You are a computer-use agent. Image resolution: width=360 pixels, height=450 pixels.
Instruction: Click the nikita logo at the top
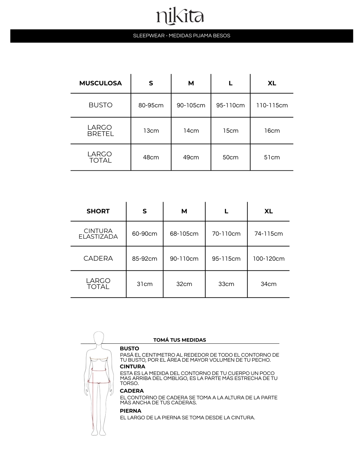(180, 17)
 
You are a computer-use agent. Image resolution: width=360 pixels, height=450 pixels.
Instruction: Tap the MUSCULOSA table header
(100, 83)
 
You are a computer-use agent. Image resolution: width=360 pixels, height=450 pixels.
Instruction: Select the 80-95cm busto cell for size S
(151, 105)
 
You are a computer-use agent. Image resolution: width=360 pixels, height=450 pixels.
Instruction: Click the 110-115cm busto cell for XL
(272, 105)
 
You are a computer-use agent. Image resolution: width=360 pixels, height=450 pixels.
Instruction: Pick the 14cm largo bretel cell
(191, 131)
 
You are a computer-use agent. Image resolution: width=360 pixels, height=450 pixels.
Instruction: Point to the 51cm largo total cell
(272, 157)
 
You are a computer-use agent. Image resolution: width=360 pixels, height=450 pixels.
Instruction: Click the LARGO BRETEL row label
(100, 131)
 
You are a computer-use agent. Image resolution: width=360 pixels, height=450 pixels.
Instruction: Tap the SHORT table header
(98, 211)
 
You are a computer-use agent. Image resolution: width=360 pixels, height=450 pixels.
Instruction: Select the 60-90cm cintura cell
(144, 234)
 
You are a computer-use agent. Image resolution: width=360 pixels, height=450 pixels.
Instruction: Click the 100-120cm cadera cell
(268, 259)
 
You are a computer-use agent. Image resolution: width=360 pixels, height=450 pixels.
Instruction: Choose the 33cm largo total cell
(226, 284)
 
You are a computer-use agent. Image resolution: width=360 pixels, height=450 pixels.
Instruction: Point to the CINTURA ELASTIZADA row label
(98, 234)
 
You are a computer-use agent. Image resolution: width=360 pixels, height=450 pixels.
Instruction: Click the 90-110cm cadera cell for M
(184, 259)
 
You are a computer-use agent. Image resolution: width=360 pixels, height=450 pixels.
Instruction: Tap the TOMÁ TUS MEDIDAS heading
(180, 340)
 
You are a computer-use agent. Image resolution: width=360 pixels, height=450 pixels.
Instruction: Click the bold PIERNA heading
(131, 411)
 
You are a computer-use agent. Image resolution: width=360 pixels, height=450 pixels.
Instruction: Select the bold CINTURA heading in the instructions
(132, 367)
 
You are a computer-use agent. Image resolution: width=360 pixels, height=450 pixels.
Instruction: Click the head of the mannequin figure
(99, 338)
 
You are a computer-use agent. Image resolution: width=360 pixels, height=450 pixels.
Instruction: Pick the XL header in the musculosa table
(272, 83)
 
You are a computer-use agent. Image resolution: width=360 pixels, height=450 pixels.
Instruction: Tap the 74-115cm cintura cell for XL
(268, 234)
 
